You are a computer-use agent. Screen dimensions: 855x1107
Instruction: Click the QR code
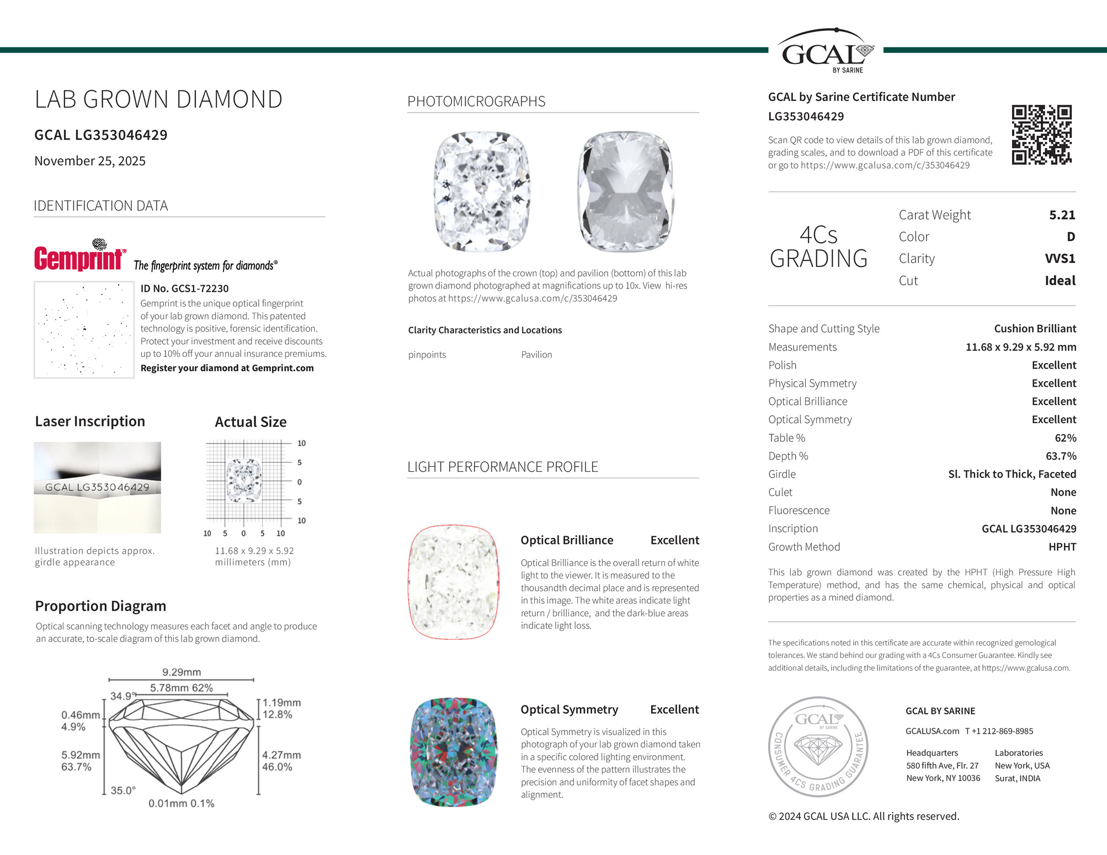coord(1041,135)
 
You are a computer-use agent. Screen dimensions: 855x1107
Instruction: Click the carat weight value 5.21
coord(1062,215)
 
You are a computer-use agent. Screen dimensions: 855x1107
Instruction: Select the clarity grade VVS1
coord(1060,259)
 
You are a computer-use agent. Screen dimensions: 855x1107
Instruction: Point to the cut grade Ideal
coord(1060,281)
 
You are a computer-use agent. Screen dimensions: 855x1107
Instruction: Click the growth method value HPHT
coord(1062,547)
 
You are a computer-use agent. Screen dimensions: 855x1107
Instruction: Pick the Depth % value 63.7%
coord(1061,456)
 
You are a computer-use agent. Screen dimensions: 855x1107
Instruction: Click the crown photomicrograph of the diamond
coord(482,191)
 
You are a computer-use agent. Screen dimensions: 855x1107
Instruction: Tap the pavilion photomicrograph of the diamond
coord(625,191)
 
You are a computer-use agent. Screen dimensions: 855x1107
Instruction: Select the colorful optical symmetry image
coord(454,752)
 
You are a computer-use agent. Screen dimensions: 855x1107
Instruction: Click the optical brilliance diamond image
coord(454,582)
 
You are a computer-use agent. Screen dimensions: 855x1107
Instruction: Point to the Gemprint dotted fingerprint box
coord(84,330)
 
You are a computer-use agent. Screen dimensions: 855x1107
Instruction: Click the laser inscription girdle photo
coord(97,488)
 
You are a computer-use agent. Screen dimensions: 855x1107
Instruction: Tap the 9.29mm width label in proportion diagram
coord(182,672)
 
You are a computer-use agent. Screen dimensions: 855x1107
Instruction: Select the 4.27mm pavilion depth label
coord(281,755)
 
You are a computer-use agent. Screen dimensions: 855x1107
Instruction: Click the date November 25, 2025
coord(90,161)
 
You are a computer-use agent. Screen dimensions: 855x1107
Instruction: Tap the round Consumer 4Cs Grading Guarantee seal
coord(818,746)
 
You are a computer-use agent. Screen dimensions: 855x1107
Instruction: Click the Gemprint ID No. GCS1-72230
coord(184,288)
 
